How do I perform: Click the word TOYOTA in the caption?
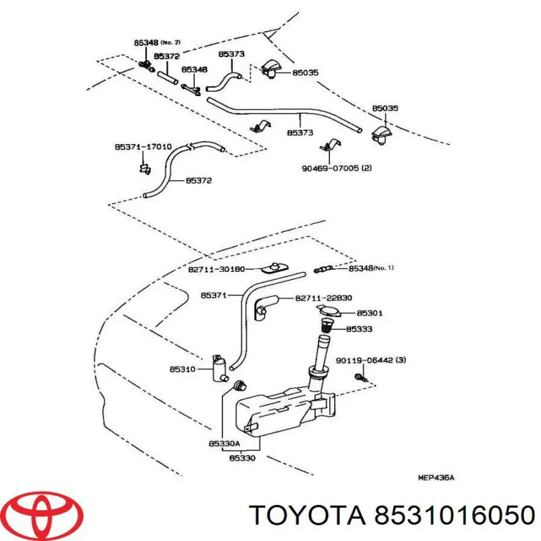pyautogui.click(x=306, y=517)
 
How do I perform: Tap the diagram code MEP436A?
pyautogui.click(x=436, y=477)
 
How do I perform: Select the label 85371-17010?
pyautogui.click(x=142, y=146)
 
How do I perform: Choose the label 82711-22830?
pyautogui.click(x=323, y=298)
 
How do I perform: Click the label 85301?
pyautogui.click(x=370, y=313)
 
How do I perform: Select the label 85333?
pyautogui.click(x=359, y=329)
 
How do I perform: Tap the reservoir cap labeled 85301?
pyautogui.click(x=328, y=311)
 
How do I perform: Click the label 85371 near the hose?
pyautogui.click(x=213, y=295)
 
